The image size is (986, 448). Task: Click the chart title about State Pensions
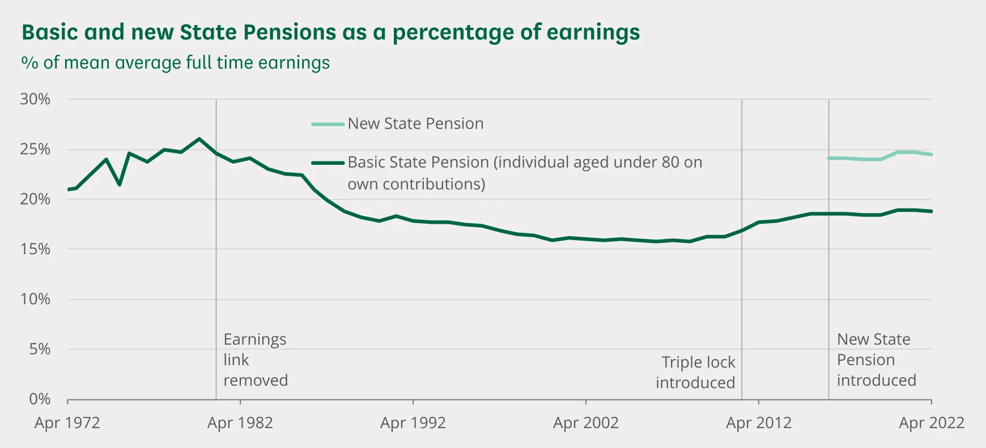(x=330, y=32)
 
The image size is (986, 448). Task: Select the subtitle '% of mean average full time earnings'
(x=175, y=62)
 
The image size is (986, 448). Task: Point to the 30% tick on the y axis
(x=35, y=99)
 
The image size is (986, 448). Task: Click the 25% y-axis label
(x=35, y=150)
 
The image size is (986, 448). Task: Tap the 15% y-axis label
(x=35, y=249)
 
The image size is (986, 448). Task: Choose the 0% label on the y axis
(x=40, y=399)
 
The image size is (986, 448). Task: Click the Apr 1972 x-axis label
(x=67, y=423)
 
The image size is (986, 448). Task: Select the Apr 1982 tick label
(x=240, y=423)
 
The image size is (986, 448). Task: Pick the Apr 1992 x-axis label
(x=413, y=423)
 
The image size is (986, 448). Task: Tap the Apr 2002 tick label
(x=585, y=423)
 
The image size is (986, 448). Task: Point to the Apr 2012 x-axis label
(x=758, y=423)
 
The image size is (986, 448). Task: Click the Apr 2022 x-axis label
(x=931, y=423)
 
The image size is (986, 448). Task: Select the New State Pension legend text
(x=415, y=123)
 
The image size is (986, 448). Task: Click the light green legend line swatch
(x=328, y=124)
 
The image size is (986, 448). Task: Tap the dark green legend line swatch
(x=328, y=163)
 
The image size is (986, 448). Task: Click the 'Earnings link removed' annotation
(x=255, y=360)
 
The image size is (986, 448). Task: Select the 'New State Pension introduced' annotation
(x=876, y=360)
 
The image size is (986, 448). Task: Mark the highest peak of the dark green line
(x=199, y=138)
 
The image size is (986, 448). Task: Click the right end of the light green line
(x=931, y=155)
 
